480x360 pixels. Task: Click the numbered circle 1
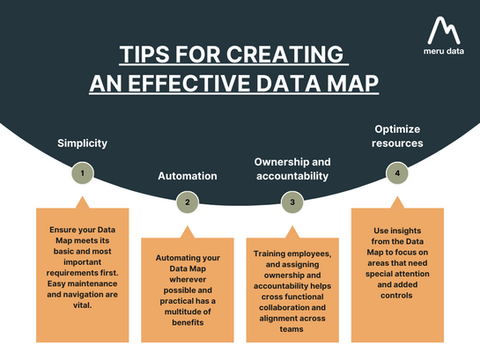coord(83,173)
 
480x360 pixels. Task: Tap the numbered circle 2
coord(187,202)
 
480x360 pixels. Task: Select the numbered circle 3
coord(293,202)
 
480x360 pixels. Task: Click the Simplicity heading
coord(82,143)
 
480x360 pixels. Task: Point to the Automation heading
coord(187,175)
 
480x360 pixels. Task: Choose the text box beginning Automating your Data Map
coord(187,290)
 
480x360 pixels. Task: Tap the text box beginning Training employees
coord(293,290)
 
